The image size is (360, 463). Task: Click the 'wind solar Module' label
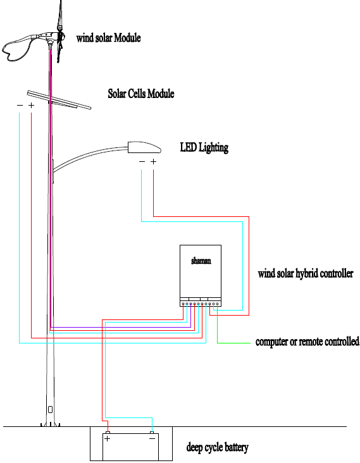click(108, 38)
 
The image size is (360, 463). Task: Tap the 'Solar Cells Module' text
click(141, 94)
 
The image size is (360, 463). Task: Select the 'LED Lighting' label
click(204, 147)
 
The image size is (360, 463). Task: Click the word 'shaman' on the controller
click(201, 261)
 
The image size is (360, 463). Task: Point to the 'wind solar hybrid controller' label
click(306, 273)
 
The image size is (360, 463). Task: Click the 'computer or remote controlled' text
click(307, 342)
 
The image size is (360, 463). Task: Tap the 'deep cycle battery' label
click(217, 447)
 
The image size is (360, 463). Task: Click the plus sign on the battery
click(107, 439)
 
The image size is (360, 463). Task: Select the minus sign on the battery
click(152, 439)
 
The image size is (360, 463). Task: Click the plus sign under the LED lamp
click(153, 161)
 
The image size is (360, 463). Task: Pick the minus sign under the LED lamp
click(142, 161)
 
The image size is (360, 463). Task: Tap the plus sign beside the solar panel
click(31, 105)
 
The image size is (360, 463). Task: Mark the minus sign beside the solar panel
click(20, 105)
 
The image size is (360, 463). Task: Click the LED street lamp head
click(144, 147)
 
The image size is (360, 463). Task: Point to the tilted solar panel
click(59, 99)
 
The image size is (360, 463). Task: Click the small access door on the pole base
click(50, 410)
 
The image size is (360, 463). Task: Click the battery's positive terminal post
click(108, 433)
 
